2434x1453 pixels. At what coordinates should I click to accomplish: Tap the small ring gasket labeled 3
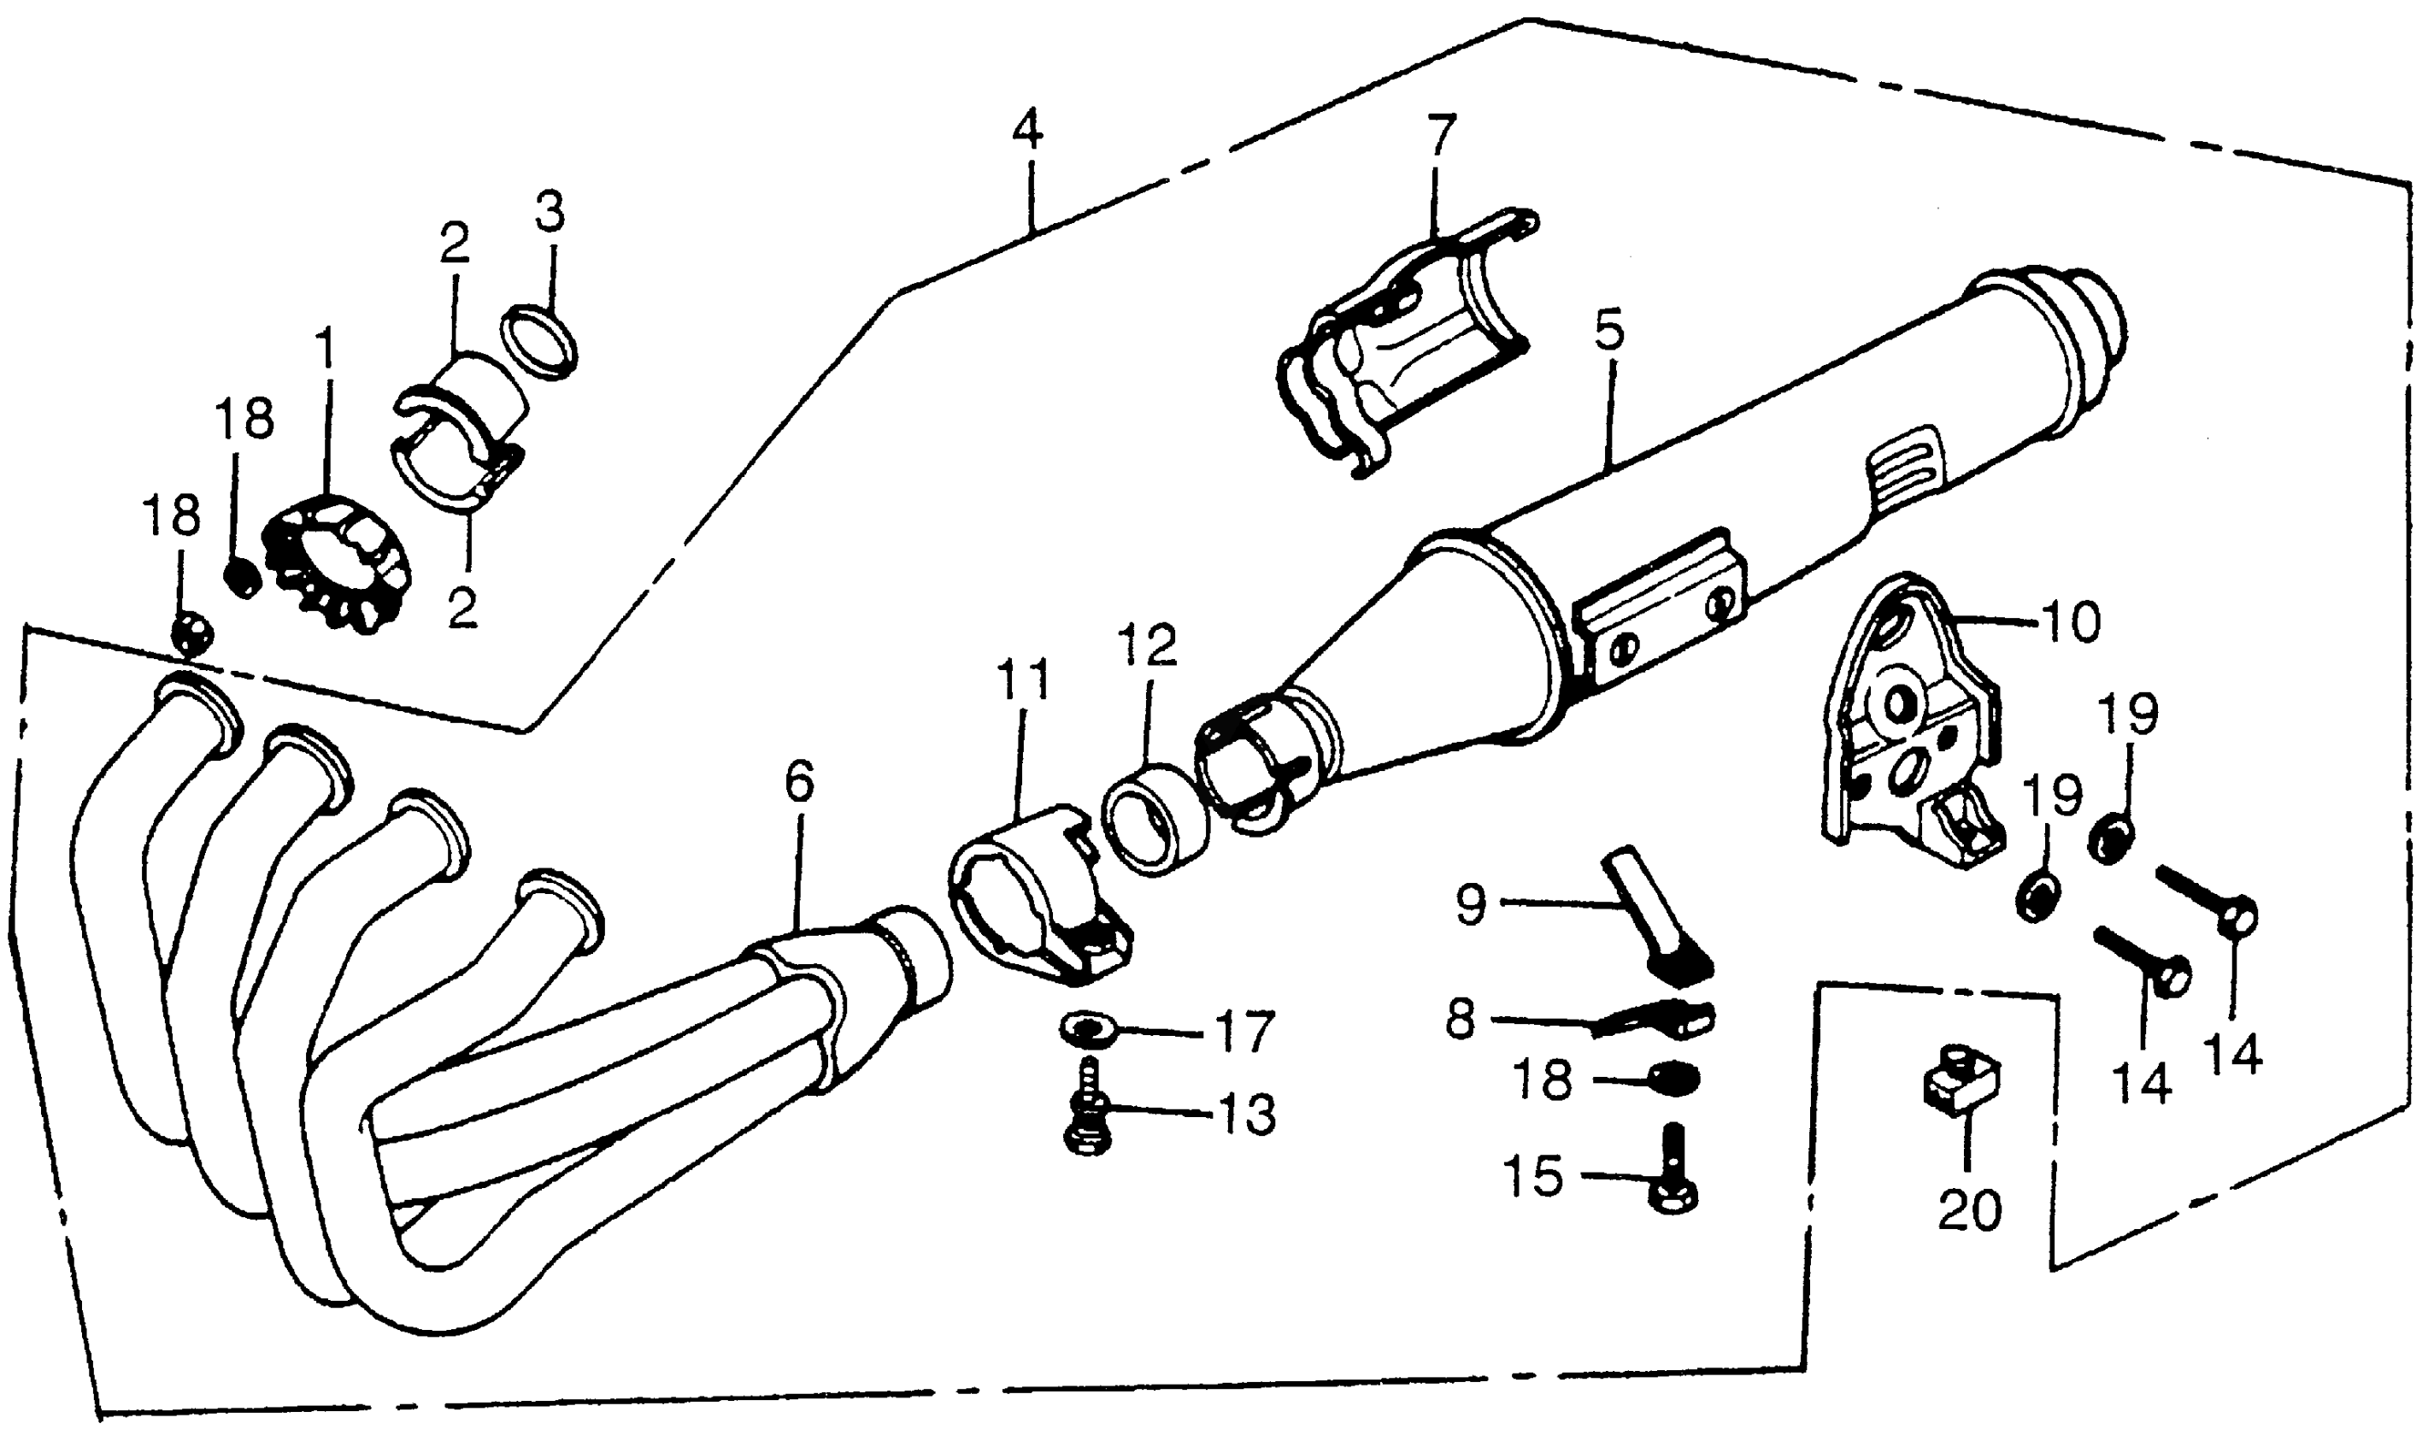pyautogui.click(x=538, y=342)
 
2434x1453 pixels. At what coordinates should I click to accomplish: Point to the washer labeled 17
pyautogui.click(x=1085, y=1029)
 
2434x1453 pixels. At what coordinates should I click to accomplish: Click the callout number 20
pyautogui.click(x=1970, y=1210)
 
